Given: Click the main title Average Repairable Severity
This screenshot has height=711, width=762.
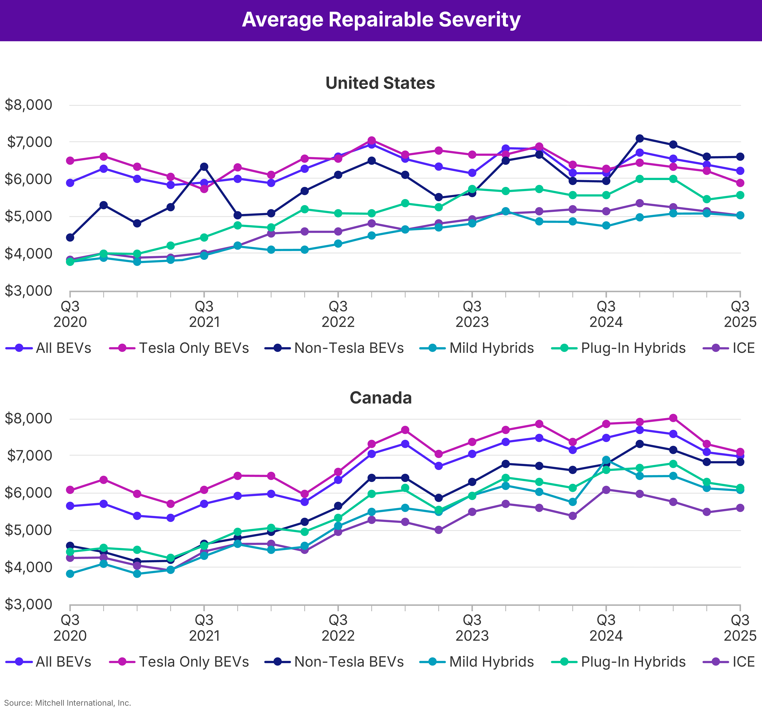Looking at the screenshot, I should (381, 20).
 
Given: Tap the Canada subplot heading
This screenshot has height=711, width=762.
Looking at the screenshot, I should (381, 398).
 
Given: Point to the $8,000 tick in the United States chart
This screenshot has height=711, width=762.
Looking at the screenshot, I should (28, 105).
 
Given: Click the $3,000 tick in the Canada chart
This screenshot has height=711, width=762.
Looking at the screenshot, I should (28, 605).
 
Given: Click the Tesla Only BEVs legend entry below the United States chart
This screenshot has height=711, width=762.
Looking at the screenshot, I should (194, 348).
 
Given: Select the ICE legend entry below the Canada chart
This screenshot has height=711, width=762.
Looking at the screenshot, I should (743, 662).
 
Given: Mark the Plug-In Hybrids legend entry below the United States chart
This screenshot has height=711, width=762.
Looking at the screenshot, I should (633, 348).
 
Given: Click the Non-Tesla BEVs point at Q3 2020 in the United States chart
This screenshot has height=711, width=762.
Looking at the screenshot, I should (70, 238).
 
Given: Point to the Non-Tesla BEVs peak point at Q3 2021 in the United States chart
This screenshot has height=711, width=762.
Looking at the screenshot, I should (204, 167).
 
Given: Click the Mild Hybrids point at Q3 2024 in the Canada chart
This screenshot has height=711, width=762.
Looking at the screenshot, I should (606, 460).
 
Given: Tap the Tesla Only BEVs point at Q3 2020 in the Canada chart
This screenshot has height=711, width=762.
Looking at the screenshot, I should (70, 490).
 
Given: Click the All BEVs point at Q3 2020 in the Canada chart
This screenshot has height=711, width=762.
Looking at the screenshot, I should (70, 506).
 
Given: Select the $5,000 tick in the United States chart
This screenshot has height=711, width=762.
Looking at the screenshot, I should (28, 216).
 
